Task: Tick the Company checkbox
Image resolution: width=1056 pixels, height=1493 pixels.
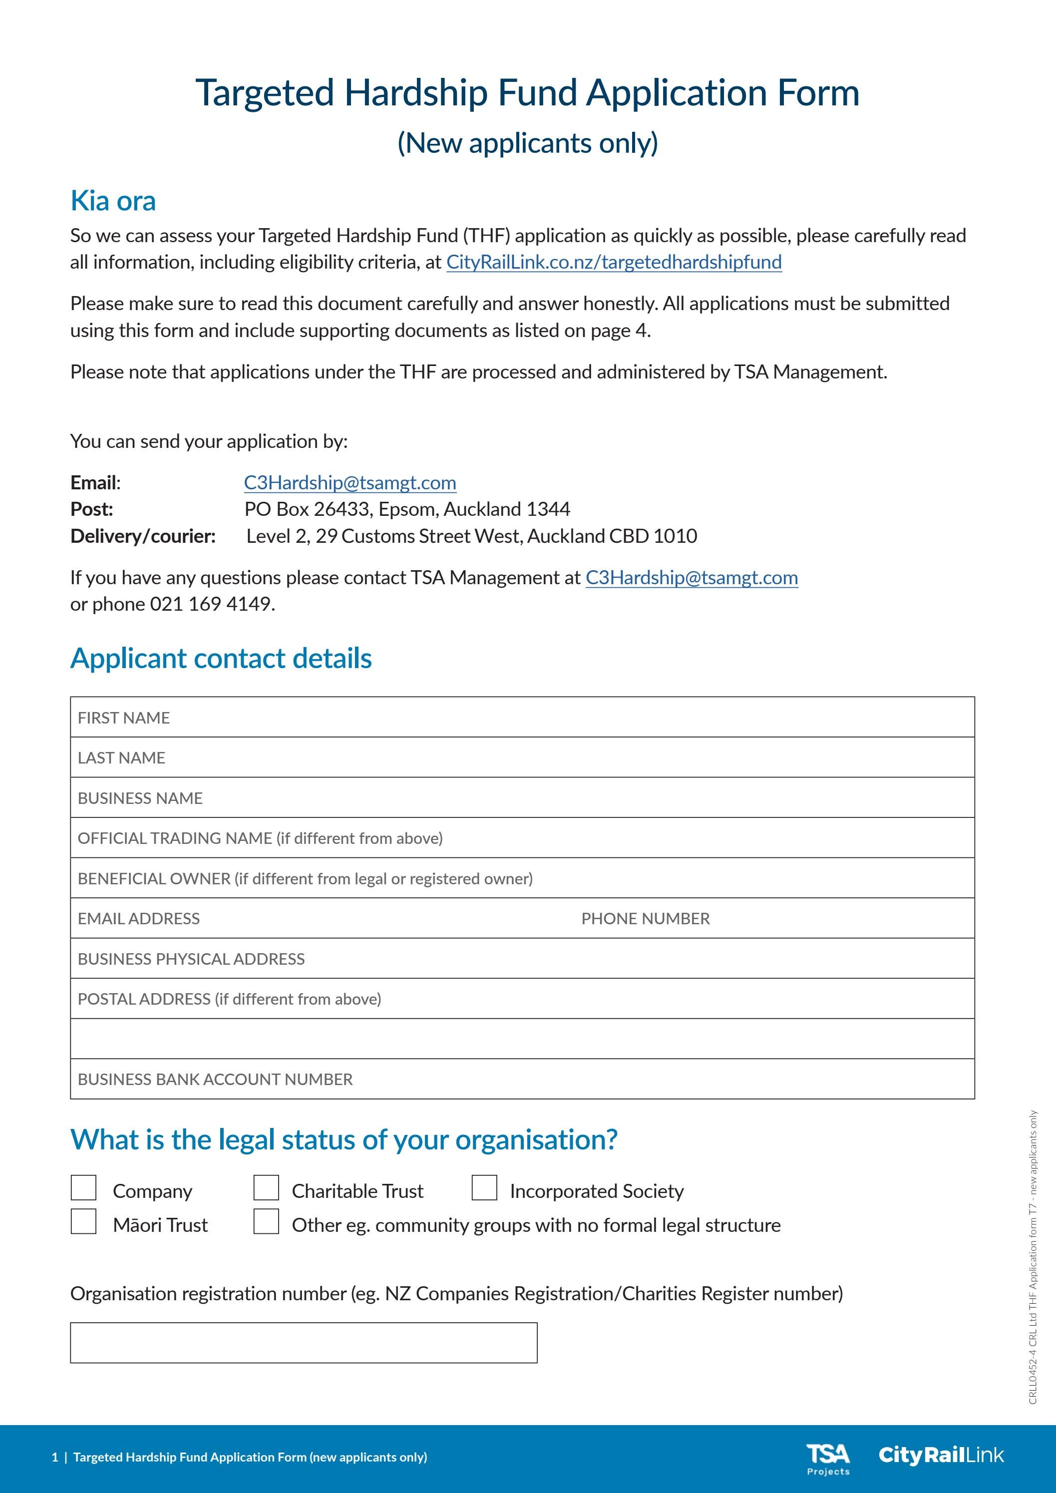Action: (83, 1187)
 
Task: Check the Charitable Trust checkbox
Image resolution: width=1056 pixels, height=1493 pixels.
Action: (266, 1187)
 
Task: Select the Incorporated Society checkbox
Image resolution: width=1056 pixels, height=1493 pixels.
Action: (484, 1187)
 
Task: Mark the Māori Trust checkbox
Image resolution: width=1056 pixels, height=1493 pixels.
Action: (83, 1221)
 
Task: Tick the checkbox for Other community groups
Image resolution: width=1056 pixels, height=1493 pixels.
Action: (266, 1221)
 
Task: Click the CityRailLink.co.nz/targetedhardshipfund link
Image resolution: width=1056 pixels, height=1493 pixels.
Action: (614, 262)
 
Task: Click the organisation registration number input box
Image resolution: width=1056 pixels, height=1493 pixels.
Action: (304, 1342)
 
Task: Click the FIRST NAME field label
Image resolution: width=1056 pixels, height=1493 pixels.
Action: (123, 718)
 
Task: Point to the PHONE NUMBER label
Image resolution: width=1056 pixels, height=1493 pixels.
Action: (645, 919)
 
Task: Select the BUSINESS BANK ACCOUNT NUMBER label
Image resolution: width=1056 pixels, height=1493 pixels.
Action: (215, 1080)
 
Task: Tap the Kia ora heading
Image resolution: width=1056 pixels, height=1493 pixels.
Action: (113, 201)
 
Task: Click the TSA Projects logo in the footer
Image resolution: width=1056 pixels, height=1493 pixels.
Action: (828, 1459)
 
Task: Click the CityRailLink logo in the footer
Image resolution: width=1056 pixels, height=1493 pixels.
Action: (940, 1455)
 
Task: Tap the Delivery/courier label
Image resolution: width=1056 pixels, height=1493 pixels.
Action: (143, 536)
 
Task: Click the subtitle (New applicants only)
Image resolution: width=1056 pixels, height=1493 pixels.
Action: (527, 143)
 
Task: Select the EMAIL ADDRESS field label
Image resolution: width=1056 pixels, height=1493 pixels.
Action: (138, 919)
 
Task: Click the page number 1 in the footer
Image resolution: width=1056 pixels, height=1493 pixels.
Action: (55, 1457)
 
